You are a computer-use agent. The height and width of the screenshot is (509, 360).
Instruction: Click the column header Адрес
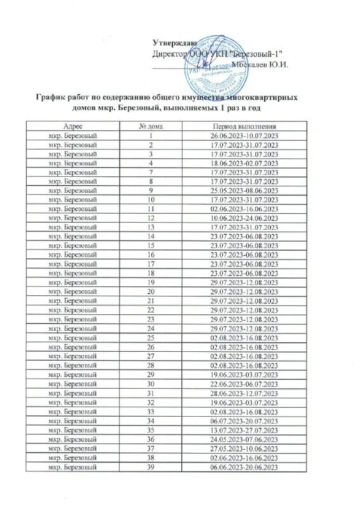[76, 128]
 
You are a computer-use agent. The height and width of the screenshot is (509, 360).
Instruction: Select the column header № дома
[151, 128]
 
